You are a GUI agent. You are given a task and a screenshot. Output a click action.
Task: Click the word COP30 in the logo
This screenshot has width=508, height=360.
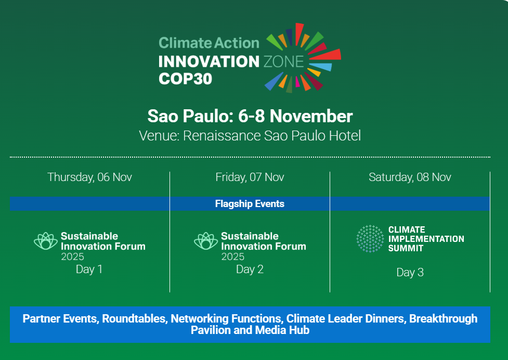coord(185,79)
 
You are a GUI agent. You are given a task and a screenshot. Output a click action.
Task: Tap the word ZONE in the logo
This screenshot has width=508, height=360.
coord(284,61)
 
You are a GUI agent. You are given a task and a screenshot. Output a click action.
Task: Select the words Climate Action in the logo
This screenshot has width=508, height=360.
coord(209,43)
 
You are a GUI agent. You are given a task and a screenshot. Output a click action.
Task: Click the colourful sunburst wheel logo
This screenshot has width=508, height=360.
coord(303,58)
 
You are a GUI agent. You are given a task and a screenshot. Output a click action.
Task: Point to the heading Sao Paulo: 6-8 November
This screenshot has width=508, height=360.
coord(250,116)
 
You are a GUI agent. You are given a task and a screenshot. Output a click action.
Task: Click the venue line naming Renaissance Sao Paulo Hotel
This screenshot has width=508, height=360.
coord(250,136)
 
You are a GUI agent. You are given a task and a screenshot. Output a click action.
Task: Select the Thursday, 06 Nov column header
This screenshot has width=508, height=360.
coord(90,177)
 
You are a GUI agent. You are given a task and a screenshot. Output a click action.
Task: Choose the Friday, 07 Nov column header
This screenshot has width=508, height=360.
coord(250,177)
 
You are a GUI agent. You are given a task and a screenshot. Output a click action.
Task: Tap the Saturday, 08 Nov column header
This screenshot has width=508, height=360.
coord(410,177)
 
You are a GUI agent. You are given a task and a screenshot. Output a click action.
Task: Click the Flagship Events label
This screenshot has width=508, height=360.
coord(250,204)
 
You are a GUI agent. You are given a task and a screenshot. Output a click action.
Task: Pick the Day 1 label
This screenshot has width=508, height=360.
coord(89,269)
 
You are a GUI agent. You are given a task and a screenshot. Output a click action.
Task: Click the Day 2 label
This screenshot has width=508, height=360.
coord(250,269)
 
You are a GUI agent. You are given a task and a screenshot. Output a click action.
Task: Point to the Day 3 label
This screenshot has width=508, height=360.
coord(410,273)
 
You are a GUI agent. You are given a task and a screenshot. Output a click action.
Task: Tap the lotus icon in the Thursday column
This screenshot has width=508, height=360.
coord(46,241)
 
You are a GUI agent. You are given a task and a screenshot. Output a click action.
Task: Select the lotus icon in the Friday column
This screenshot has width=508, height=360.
coord(206,241)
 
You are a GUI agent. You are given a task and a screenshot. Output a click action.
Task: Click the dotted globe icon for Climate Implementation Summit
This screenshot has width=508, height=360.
coord(370,239)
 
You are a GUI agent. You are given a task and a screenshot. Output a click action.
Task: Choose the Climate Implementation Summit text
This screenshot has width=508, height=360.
coord(426,239)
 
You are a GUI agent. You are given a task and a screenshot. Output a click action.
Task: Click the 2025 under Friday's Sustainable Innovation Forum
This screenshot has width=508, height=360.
coord(232,256)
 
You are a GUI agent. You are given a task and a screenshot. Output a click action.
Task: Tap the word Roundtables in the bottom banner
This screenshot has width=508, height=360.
coord(134,319)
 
